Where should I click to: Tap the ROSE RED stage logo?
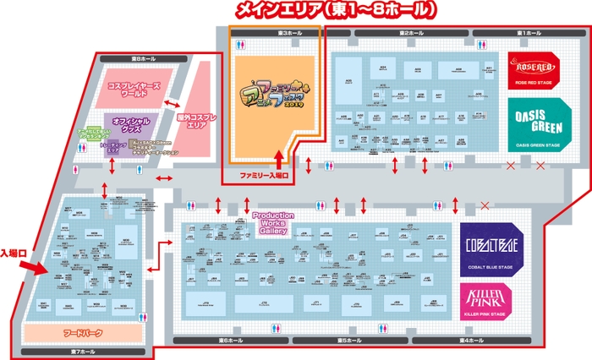pos(531,70)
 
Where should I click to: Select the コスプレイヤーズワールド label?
pos(139,90)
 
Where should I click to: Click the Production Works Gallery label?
pos(272,223)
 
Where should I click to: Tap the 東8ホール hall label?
pos(145,59)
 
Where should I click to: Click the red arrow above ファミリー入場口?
pos(280,160)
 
